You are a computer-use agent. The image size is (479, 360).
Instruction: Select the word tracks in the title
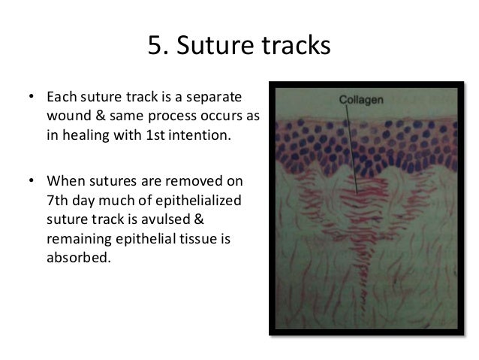pos(293,46)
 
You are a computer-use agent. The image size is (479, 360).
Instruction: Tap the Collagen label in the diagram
pos(361,99)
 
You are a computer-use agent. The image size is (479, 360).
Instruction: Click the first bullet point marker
pos(31,98)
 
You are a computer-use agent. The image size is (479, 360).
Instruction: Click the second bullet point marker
pos(31,182)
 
